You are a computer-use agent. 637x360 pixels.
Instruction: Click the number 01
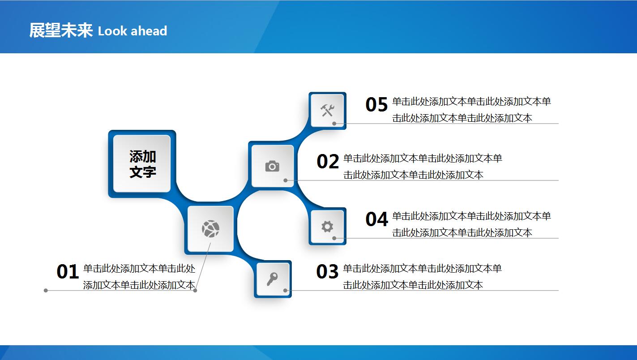pyautogui.click(x=68, y=271)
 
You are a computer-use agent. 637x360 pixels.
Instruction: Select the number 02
pyautogui.click(x=328, y=161)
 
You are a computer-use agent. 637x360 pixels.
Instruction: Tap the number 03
pyautogui.click(x=327, y=271)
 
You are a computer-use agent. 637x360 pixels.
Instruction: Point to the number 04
pyautogui.click(x=376, y=219)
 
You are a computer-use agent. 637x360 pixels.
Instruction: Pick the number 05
pyautogui.click(x=376, y=104)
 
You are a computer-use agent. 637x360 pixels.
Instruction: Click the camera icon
pyautogui.click(x=272, y=167)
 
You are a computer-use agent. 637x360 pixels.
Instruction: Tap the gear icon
pyautogui.click(x=327, y=227)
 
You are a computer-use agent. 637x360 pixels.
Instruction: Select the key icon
pyautogui.click(x=272, y=279)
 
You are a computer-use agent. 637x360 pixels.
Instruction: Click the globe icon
pyautogui.click(x=210, y=229)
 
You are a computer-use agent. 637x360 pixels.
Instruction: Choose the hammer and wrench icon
pyautogui.click(x=327, y=110)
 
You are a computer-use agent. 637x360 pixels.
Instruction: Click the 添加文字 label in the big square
pyautogui.click(x=143, y=164)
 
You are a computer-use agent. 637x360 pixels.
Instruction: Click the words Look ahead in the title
pyautogui.click(x=132, y=31)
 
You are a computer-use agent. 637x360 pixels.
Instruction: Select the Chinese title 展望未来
pyautogui.click(x=61, y=30)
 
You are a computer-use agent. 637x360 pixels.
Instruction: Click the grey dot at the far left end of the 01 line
pyautogui.click(x=46, y=290)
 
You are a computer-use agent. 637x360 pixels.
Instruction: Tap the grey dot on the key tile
pyautogui.click(x=285, y=290)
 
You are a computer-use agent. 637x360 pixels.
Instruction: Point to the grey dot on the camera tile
pyautogui.click(x=285, y=180)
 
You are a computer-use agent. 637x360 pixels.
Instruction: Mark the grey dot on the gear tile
pyautogui.click(x=334, y=238)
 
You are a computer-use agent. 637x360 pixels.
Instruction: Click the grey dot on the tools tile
pyautogui.click(x=334, y=124)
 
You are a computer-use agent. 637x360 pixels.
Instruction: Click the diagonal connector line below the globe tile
pyautogui.click(x=203, y=266)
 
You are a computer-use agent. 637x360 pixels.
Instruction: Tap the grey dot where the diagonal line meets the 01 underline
pyautogui.click(x=195, y=290)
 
